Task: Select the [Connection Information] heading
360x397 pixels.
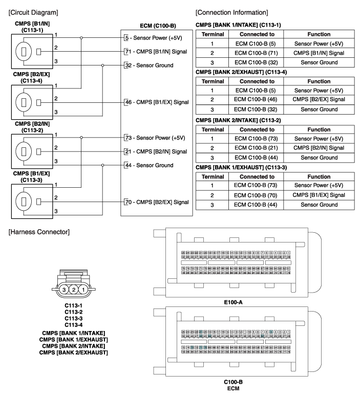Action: coord(230,12)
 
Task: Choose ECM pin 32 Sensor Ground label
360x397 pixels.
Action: coord(153,65)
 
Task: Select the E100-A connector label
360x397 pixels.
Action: coord(233,302)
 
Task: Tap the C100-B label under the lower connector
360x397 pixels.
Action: coord(233,382)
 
